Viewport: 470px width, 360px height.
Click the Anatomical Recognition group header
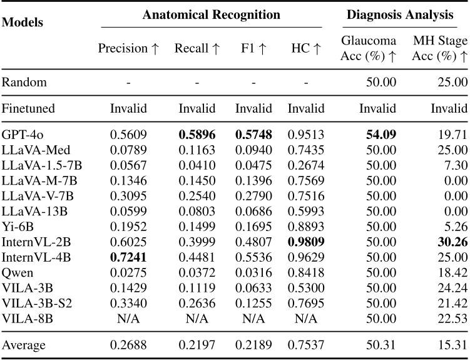[x=212, y=14]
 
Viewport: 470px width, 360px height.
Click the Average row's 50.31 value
[x=382, y=344]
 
